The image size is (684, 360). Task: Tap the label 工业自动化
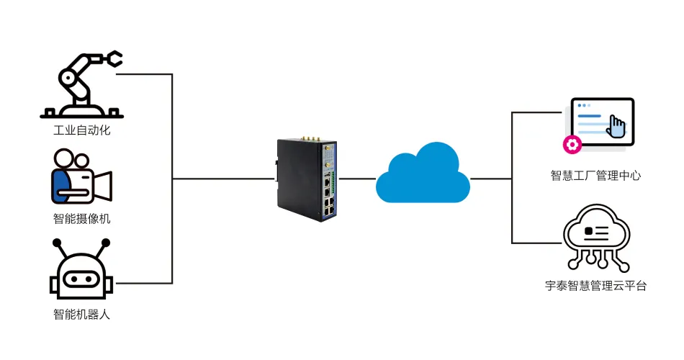click(81, 131)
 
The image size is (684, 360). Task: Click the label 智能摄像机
click(81, 219)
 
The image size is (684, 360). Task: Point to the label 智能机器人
click(81, 314)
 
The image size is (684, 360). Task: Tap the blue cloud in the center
click(423, 174)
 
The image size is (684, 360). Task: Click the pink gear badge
click(572, 145)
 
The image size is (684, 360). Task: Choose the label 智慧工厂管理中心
click(595, 175)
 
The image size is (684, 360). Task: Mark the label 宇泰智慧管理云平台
click(595, 286)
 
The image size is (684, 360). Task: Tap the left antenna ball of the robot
click(57, 242)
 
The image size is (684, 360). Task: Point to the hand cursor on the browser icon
click(617, 127)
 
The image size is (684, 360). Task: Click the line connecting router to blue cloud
click(358, 178)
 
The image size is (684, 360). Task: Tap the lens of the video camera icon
click(104, 185)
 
